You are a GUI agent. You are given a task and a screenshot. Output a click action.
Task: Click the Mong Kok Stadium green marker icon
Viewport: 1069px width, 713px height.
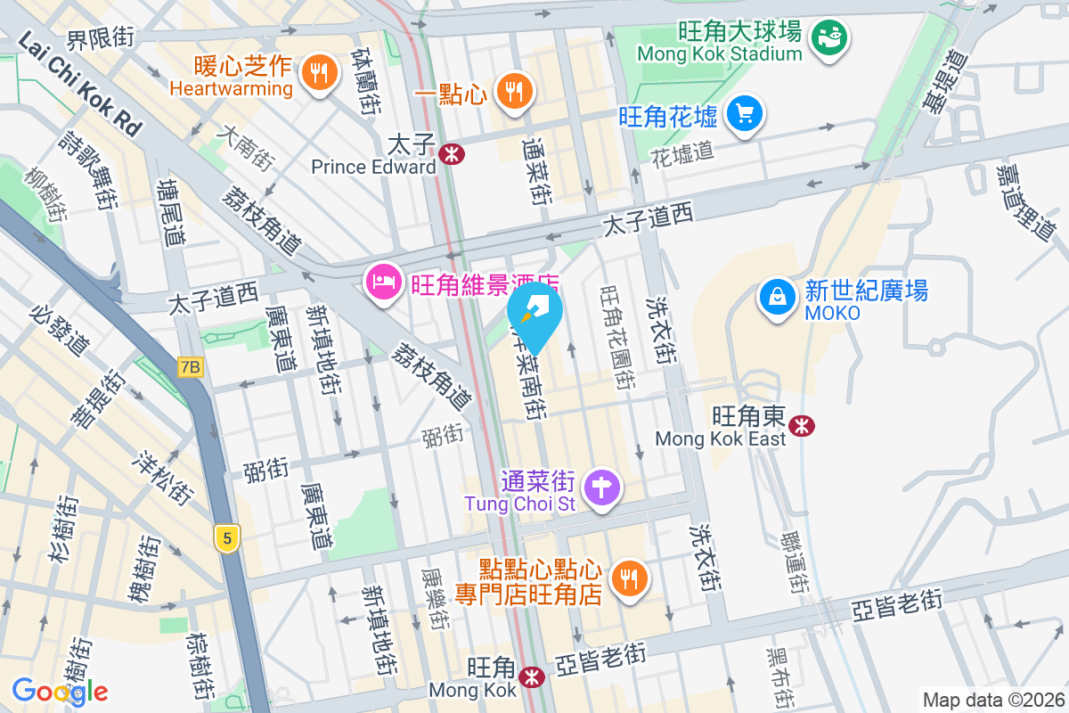828,37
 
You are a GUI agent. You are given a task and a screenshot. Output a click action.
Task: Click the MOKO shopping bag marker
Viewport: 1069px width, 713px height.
779,297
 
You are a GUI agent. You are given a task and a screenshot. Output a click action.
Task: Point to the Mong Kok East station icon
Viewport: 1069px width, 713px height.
803,426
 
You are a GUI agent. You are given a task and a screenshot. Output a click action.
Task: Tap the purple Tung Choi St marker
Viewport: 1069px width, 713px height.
603,488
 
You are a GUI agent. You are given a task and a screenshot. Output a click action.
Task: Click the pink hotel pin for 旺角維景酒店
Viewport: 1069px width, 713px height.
382,283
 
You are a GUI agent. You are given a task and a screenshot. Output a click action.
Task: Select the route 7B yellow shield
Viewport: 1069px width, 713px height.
190,367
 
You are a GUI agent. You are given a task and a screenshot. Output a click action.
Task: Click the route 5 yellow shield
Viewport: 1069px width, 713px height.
228,538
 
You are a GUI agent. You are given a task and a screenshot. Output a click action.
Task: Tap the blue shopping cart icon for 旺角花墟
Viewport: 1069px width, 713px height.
744,113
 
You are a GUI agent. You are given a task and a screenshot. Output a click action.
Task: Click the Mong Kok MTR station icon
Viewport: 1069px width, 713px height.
533,677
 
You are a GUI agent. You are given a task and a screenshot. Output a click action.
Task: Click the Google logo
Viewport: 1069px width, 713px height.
60,692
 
